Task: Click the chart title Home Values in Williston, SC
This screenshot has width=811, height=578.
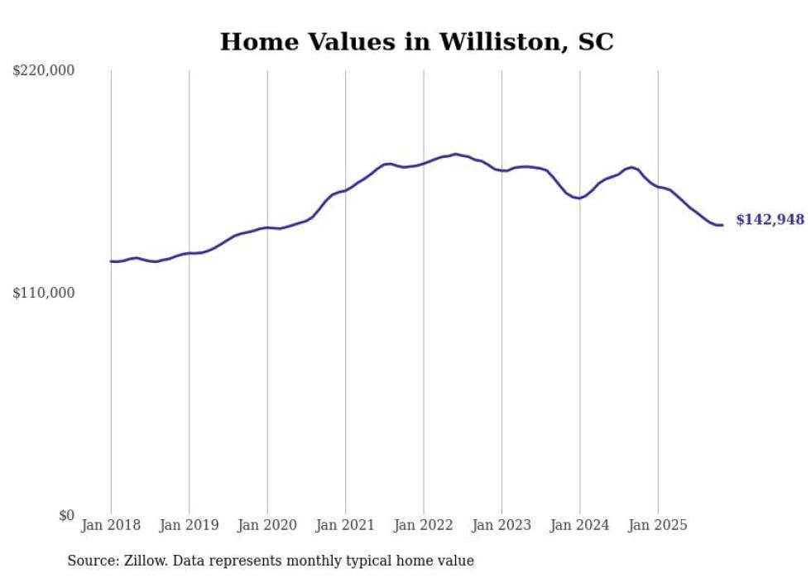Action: click(416, 41)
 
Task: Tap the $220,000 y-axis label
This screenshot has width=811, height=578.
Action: click(44, 71)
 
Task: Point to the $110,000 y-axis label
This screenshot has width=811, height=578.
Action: click(44, 293)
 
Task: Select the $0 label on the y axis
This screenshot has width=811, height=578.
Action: click(66, 515)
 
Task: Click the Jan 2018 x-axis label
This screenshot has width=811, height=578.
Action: click(111, 525)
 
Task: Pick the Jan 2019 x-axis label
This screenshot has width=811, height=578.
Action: click(189, 525)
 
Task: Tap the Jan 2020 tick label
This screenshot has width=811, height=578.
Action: click(267, 525)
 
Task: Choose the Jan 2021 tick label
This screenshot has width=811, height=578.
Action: click(345, 525)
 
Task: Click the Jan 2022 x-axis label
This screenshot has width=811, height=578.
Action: click(424, 525)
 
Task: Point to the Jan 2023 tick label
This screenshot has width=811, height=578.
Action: click(501, 525)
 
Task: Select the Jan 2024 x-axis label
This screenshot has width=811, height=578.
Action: click(580, 525)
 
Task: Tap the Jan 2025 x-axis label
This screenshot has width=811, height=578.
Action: click(658, 525)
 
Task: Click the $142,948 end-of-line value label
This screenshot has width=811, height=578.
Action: click(770, 220)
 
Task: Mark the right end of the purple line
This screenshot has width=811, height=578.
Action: click(722, 225)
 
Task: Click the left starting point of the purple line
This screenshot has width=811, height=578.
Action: click(111, 261)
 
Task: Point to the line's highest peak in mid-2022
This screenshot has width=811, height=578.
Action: click(455, 154)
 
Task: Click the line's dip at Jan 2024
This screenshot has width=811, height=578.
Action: click(579, 198)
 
